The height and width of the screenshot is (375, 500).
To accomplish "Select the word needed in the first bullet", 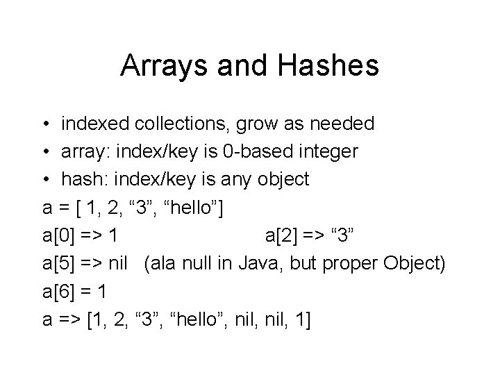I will click(340, 124).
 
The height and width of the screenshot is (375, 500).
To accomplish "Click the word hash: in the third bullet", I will click(82, 180).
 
